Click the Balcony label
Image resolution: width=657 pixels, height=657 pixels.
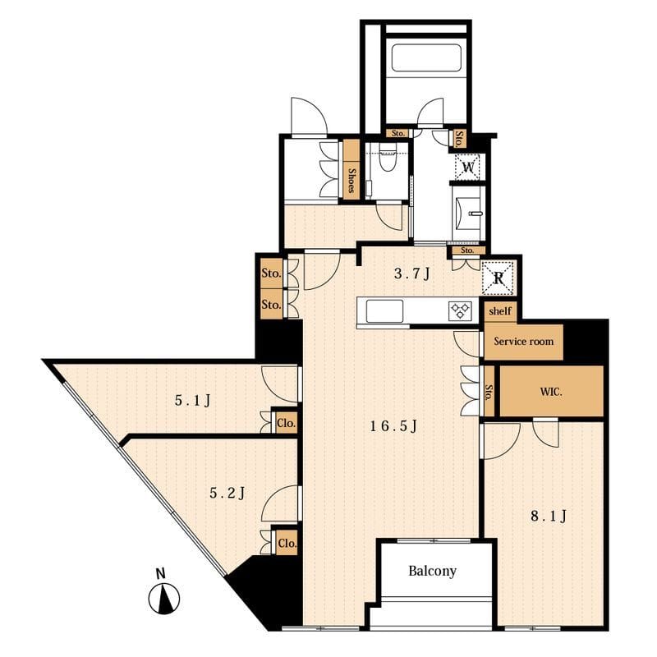coord(432,571)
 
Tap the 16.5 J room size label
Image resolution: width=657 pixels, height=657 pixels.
coord(393,426)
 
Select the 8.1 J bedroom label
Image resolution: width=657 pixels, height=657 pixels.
coord(549,516)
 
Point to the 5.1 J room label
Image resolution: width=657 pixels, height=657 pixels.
coord(192,401)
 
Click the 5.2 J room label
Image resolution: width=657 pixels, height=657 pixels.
coord(227,494)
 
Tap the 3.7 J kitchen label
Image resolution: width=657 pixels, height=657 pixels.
coord(412,273)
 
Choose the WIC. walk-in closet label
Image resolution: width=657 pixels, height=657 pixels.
coord(551,393)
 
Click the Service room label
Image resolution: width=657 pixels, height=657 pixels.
coord(523,342)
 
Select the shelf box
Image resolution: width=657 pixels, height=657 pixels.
coord(500,311)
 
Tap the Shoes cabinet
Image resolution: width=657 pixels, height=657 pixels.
coord(352,170)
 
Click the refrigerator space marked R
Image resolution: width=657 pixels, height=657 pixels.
coord(498,278)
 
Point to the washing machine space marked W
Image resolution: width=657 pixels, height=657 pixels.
coord(467,168)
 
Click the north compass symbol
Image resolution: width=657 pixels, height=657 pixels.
coord(165,595)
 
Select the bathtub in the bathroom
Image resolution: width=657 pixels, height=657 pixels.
coord(426,57)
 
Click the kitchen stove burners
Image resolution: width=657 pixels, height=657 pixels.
coord(460,311)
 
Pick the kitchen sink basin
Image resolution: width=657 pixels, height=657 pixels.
coord(384,311)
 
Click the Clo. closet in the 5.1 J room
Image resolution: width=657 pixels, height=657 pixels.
coord(287,423)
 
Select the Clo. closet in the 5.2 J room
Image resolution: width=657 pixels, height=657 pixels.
coord(287,543)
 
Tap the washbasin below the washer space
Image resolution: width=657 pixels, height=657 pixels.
coord(469,214)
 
